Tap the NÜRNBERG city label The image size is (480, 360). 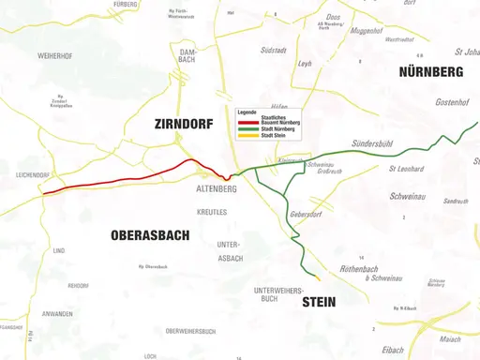[430, 72]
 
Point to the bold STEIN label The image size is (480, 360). [318, 302]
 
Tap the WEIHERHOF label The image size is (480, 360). [55, 56]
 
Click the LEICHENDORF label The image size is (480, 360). [33, 175]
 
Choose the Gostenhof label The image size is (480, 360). [452, 100]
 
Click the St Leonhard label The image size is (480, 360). [405, 169]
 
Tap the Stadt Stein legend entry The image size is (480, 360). [274, 135]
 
